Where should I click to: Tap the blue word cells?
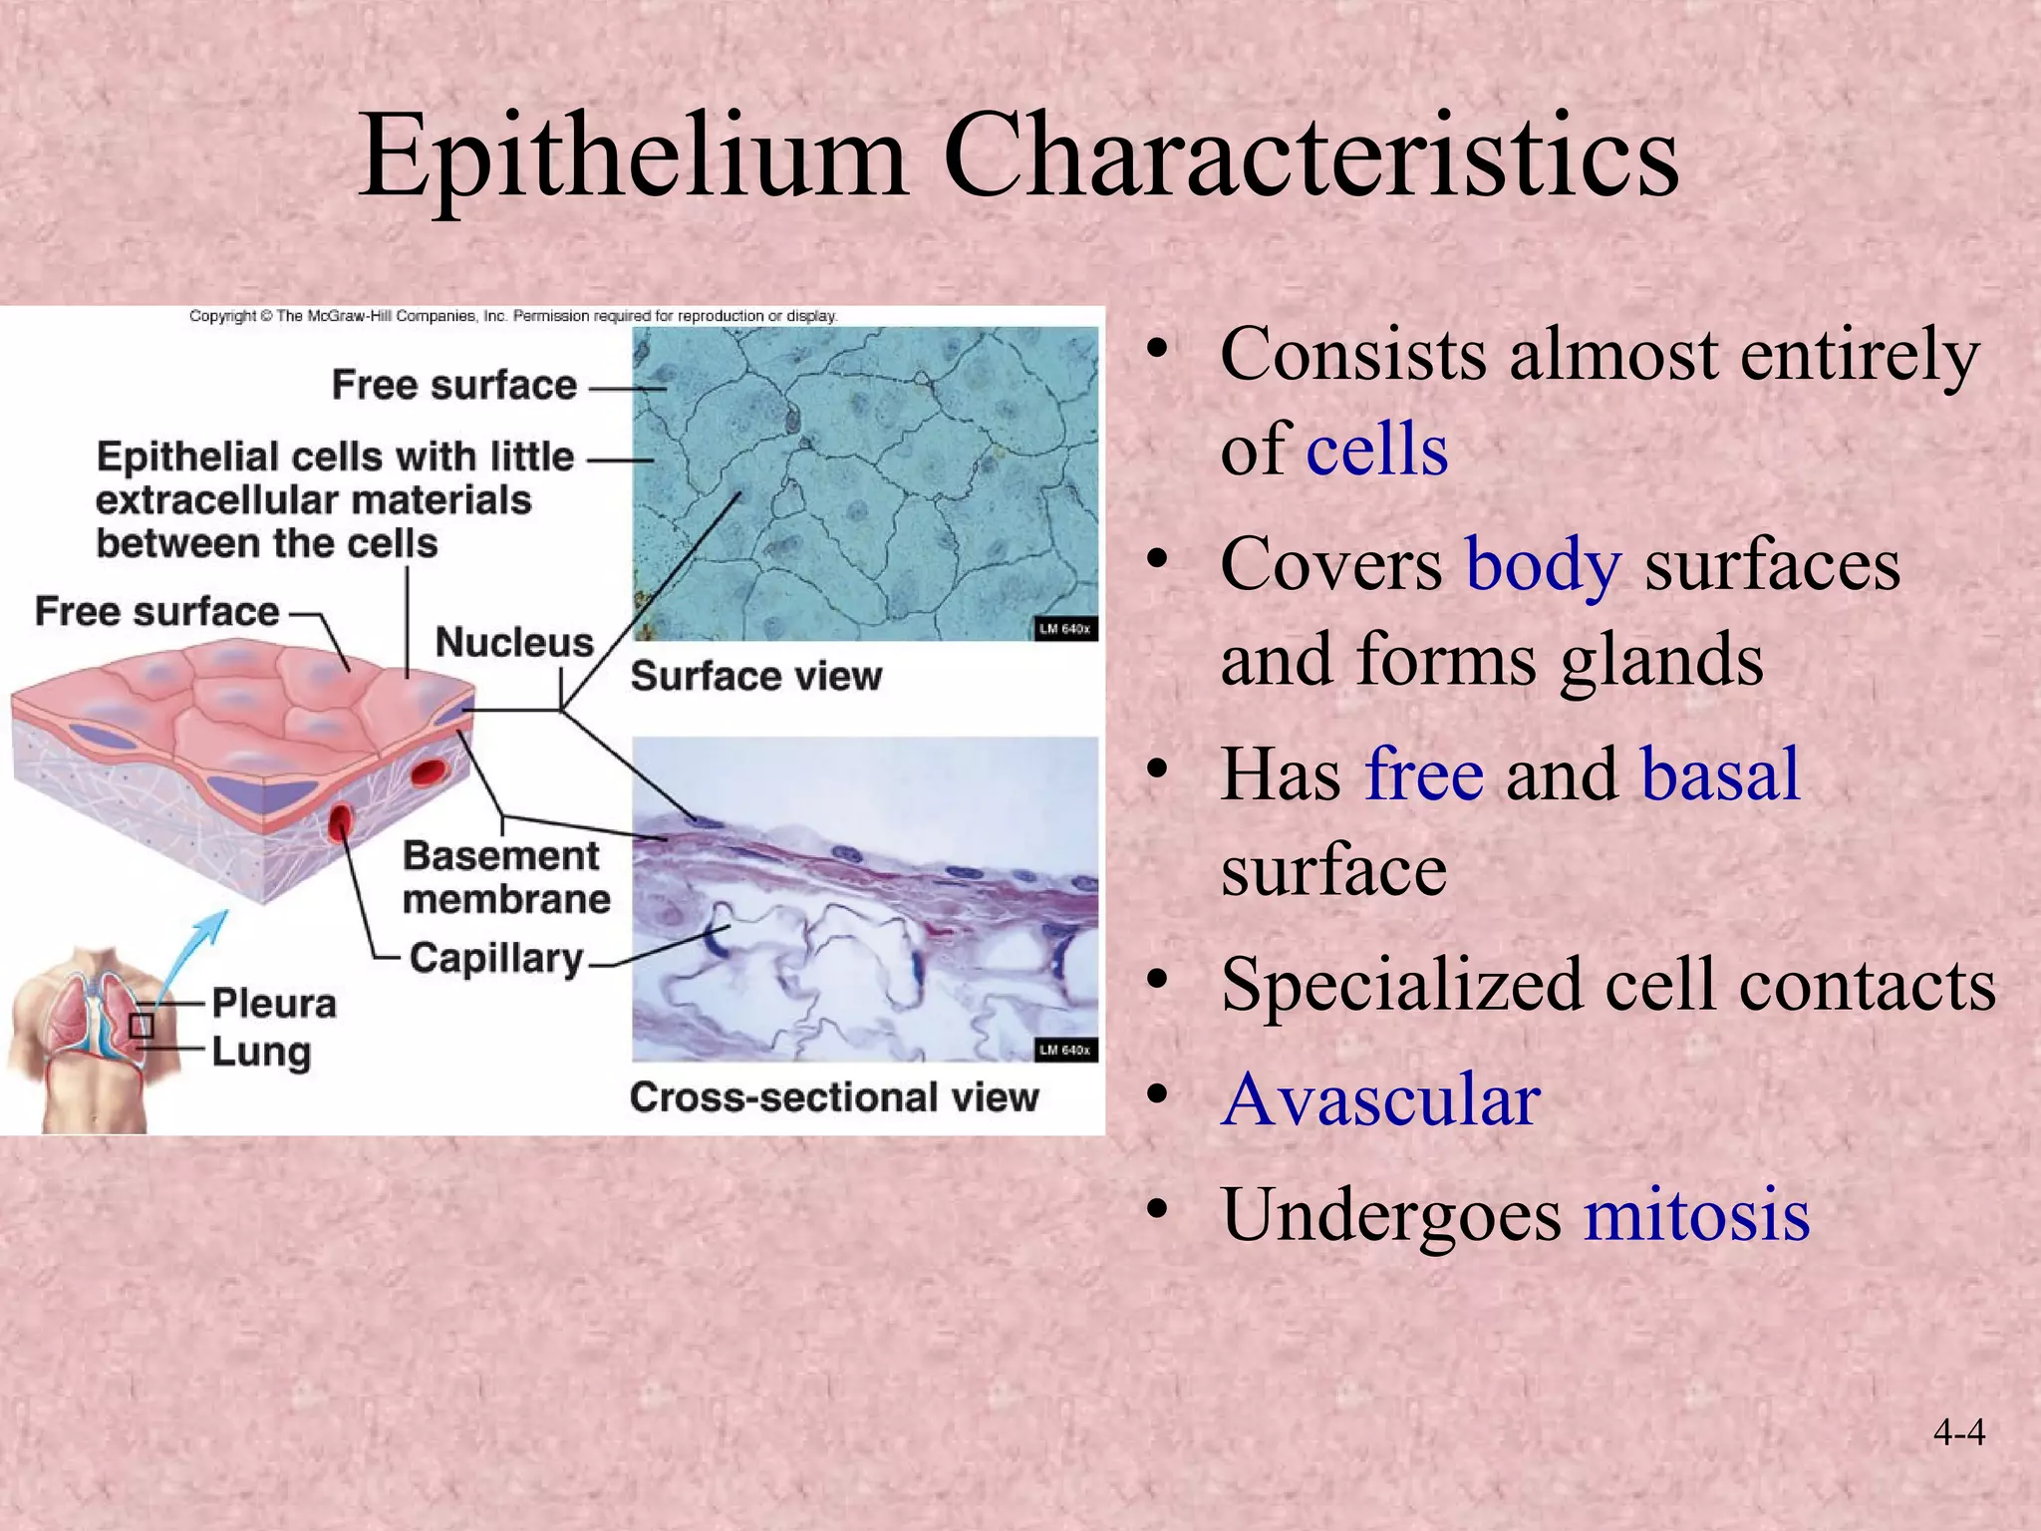[x=1376, y=451]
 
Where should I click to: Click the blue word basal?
[x=1720, y=774]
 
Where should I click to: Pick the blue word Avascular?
[x=1381, y=1100]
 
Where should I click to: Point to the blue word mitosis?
[x=1697, y=1215]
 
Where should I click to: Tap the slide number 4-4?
[x=1958, y=1433]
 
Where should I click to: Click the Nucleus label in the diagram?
[x=514, y=643]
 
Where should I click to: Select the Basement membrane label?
[x=505, y=877]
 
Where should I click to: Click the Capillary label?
[x=496, y=958]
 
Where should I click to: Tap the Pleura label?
[x=274, y=1004]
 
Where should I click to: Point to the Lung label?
[x=261, y=1052]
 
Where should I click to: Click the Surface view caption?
[x=755, y=677]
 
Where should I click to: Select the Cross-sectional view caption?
[x=833, y=1097]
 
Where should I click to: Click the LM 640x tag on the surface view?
[x=1064, y=629]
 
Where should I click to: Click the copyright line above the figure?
[x=512, y=316]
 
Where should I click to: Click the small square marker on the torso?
[x=142, y=1026]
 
